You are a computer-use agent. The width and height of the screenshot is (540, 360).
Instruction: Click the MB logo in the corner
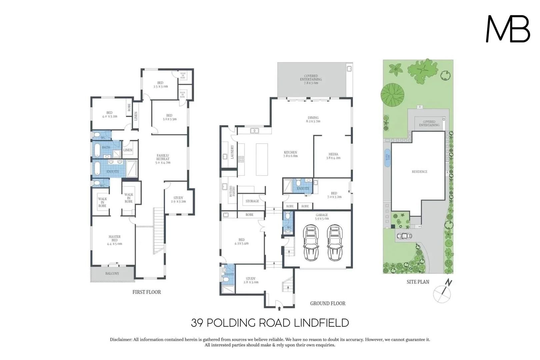508,29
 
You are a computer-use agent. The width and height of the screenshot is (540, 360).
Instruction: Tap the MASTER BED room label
114,240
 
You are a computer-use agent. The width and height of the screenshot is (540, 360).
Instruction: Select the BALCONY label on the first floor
112,273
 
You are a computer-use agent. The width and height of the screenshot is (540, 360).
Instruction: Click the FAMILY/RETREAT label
163,159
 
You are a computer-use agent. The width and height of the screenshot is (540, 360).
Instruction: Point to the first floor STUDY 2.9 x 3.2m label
178,200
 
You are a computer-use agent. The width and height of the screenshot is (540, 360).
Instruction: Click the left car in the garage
311,242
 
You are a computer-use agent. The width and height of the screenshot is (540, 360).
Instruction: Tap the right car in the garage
335,242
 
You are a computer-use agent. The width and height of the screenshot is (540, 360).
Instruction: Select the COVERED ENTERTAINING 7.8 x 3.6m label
311,79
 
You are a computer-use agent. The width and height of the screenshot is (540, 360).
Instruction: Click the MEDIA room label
333,156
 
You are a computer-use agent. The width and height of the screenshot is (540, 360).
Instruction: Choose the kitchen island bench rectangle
262,159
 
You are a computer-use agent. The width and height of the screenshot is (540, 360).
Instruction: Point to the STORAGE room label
252,201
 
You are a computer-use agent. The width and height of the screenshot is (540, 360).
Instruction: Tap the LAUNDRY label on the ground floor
232,152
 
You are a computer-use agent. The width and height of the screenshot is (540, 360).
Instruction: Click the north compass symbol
443,292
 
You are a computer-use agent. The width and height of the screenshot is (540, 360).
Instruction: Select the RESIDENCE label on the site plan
419,172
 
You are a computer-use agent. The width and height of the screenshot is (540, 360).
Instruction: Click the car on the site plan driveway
404,236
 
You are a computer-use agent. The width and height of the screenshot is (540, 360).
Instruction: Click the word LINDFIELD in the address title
322,323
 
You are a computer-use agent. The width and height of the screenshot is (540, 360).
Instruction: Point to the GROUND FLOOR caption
327,303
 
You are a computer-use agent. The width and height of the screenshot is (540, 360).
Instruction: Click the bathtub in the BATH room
97,150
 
